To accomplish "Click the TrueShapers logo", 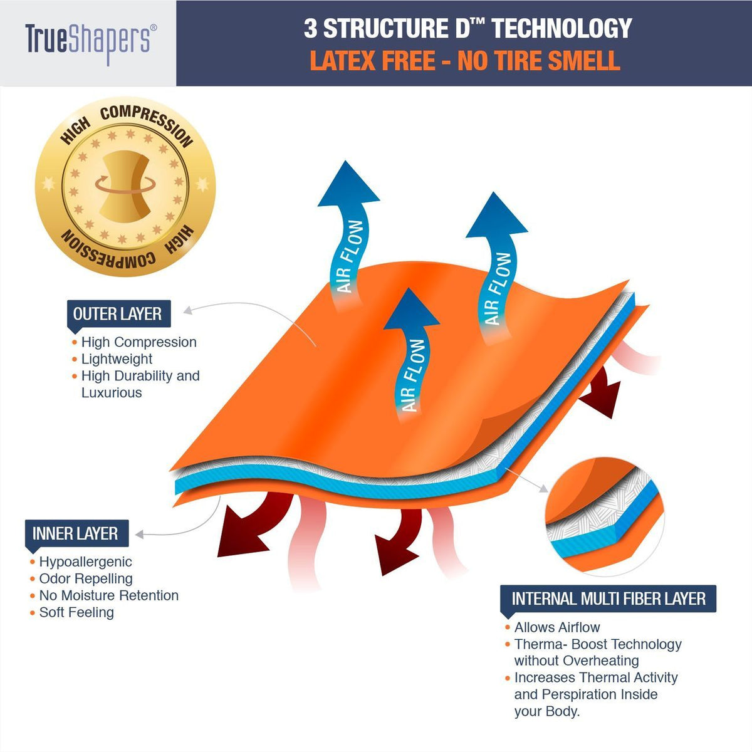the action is [91, 44].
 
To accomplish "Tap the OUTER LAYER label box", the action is [118, 314].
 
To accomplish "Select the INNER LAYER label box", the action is [76, 533].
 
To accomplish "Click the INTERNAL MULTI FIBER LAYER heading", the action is [608, 598].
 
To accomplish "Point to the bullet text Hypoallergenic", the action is [85, 561].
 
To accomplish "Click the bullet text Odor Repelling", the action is [86, 578].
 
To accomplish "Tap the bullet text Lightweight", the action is [117, 358].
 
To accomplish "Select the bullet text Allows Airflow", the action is [557, 627].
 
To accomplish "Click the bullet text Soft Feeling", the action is [76, 612].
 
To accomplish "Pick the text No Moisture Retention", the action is [109, 595].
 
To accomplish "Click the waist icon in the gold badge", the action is [125, 187].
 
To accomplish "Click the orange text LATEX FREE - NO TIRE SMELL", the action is [465, 61].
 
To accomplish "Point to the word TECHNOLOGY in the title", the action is [561, 28].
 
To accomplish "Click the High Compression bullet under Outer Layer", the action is [138, 342].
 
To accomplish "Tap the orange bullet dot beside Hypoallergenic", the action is [33, 562].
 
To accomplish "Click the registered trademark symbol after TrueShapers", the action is [154, 28].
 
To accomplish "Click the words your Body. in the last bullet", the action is [546, 711].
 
